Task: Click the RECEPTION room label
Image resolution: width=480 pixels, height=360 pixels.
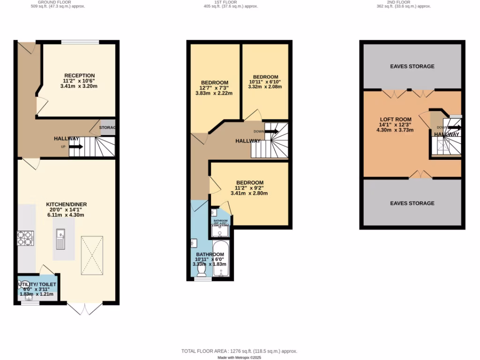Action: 80,75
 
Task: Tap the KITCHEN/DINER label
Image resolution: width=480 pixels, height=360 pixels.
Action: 66,204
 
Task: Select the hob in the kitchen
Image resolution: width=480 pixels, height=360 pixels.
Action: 25,239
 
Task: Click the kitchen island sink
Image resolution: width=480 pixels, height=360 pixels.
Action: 60,239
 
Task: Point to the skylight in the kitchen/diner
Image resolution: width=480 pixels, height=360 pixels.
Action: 91,255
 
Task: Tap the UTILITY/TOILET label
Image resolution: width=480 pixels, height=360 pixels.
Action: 37,285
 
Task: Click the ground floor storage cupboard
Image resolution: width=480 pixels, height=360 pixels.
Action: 107,127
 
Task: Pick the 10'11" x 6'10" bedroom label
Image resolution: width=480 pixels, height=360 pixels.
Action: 265,77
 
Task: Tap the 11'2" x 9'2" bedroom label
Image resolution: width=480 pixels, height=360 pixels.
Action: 249,182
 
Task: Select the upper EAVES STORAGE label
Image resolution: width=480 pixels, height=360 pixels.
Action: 412,67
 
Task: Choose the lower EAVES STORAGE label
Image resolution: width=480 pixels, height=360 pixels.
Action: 412,203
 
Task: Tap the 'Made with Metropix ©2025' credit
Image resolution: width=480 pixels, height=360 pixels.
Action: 240,357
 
